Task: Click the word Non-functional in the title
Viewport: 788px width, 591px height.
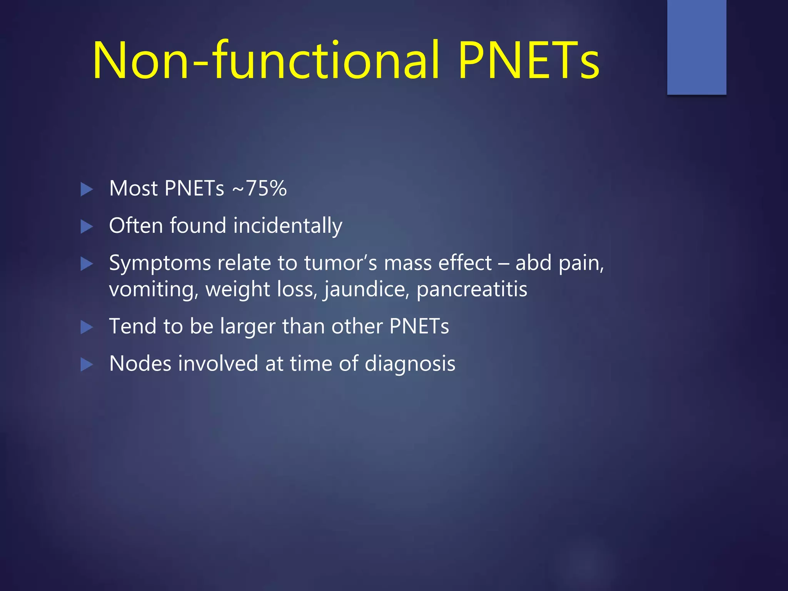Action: (x=265, y=61)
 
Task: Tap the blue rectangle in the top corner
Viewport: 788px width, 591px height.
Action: (x=696, y=47)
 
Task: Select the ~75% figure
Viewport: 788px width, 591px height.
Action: (x=259, y=189)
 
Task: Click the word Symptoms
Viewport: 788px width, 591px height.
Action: (x=160, y=264)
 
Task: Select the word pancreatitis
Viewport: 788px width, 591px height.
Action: (x=472, y=289)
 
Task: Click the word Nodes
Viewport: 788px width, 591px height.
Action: (x=140, y=364)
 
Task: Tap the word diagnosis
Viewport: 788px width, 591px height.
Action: (x=410, y=364)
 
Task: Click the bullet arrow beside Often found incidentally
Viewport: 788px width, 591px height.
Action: (x=87, y=227)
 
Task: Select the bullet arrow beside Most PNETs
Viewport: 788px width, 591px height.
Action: (x=87, y=189)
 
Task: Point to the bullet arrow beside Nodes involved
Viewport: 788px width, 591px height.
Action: (x=87, y=365)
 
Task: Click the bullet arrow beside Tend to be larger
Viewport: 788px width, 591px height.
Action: (x=87, y=327)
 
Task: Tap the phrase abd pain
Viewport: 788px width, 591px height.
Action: (x=559, y=264)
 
